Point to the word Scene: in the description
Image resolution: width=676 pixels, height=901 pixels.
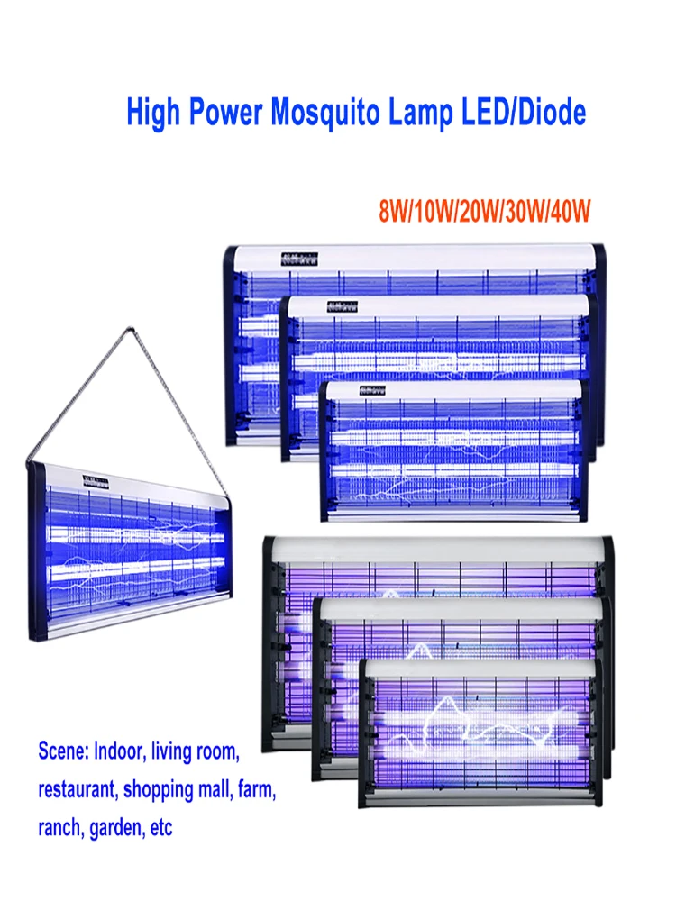[x=67, y=750]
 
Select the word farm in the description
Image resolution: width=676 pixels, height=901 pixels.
[x=256, y=788]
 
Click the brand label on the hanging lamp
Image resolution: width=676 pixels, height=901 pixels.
[x=96, y=481]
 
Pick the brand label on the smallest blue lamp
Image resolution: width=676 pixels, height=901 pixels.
[x=371, y=390]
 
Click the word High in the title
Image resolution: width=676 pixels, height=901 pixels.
[x=153, y=114]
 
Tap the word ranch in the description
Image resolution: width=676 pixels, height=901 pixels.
[x=58, y=827]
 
